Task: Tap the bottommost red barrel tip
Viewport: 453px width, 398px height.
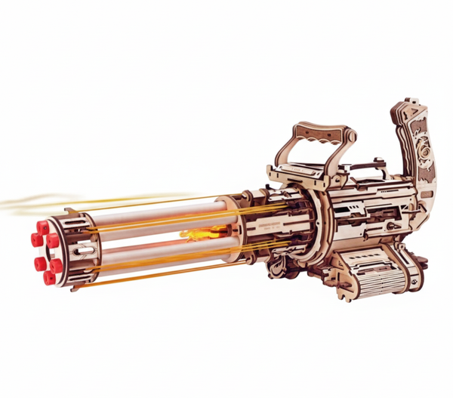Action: click(50, 277)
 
